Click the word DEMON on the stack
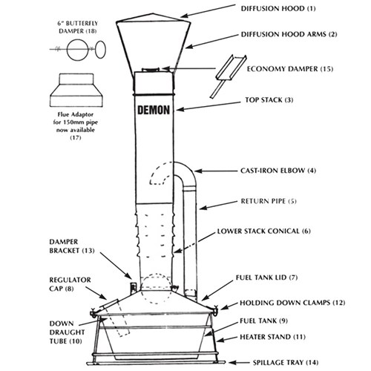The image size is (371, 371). [x=154, y=110]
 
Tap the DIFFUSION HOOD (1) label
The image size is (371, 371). [x=278, y=9]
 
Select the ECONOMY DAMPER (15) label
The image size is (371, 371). [x=290, y=69]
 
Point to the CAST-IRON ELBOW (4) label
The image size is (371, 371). [x=278, y=171]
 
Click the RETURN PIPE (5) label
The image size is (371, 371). [x=269, y=201]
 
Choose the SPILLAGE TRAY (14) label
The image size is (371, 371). [x=286, y=363]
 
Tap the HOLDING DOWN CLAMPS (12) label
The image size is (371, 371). [x=292, y=303]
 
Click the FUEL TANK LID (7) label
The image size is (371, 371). [x=266, y=278]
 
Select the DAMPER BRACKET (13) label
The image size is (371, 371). [x=72, y=246]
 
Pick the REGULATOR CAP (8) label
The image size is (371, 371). [x=70, y=284]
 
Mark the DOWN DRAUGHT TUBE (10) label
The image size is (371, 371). [x=67, y=332]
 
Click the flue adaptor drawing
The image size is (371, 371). [x=76, y=90]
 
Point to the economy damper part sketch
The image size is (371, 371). [x=228, y=76]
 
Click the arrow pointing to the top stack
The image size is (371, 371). [x=209, y=105]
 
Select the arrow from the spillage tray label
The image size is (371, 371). [x=239, y=363]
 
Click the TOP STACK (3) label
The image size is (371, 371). [x=269, y=100]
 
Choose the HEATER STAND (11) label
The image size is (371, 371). [x=272, y=337]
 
